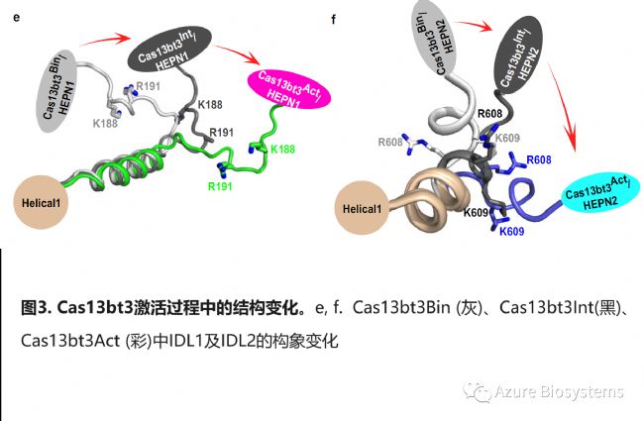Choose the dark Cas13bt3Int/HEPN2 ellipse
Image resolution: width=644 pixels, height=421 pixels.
pos(522,58)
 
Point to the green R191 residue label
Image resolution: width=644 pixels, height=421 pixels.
pos(221,184)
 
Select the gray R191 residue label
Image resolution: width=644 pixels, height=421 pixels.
pos(149,87)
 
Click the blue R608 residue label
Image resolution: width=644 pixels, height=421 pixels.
pos(539,158)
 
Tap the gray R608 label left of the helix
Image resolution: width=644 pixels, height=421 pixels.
pos(392,143)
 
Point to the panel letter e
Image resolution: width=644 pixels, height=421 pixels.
pos(13,20)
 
